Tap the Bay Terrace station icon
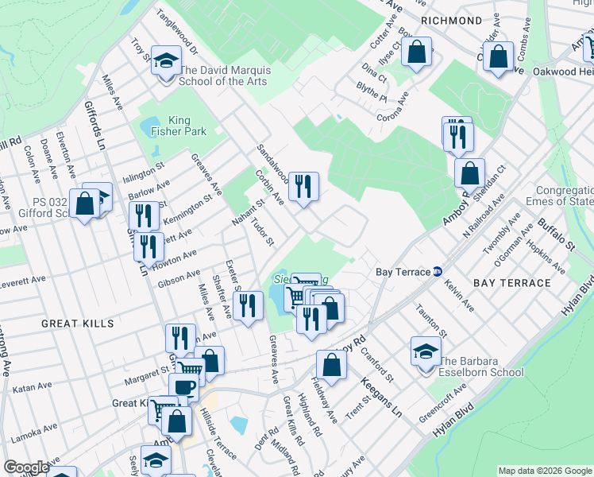click(x=438, y=272)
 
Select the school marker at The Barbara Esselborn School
click(x=426, y=351)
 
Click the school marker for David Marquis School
click(x=166, y=61)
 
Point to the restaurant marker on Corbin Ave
click(x=303, y=187)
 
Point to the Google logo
click(x=25, y=467)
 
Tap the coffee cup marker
click(x=183, y=388)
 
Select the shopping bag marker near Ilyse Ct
click(x=416, y=53)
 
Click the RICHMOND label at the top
click(x=452, y=21)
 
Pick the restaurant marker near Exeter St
click(x=248, y=305)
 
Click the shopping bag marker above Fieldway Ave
click(x=331, y=365)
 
